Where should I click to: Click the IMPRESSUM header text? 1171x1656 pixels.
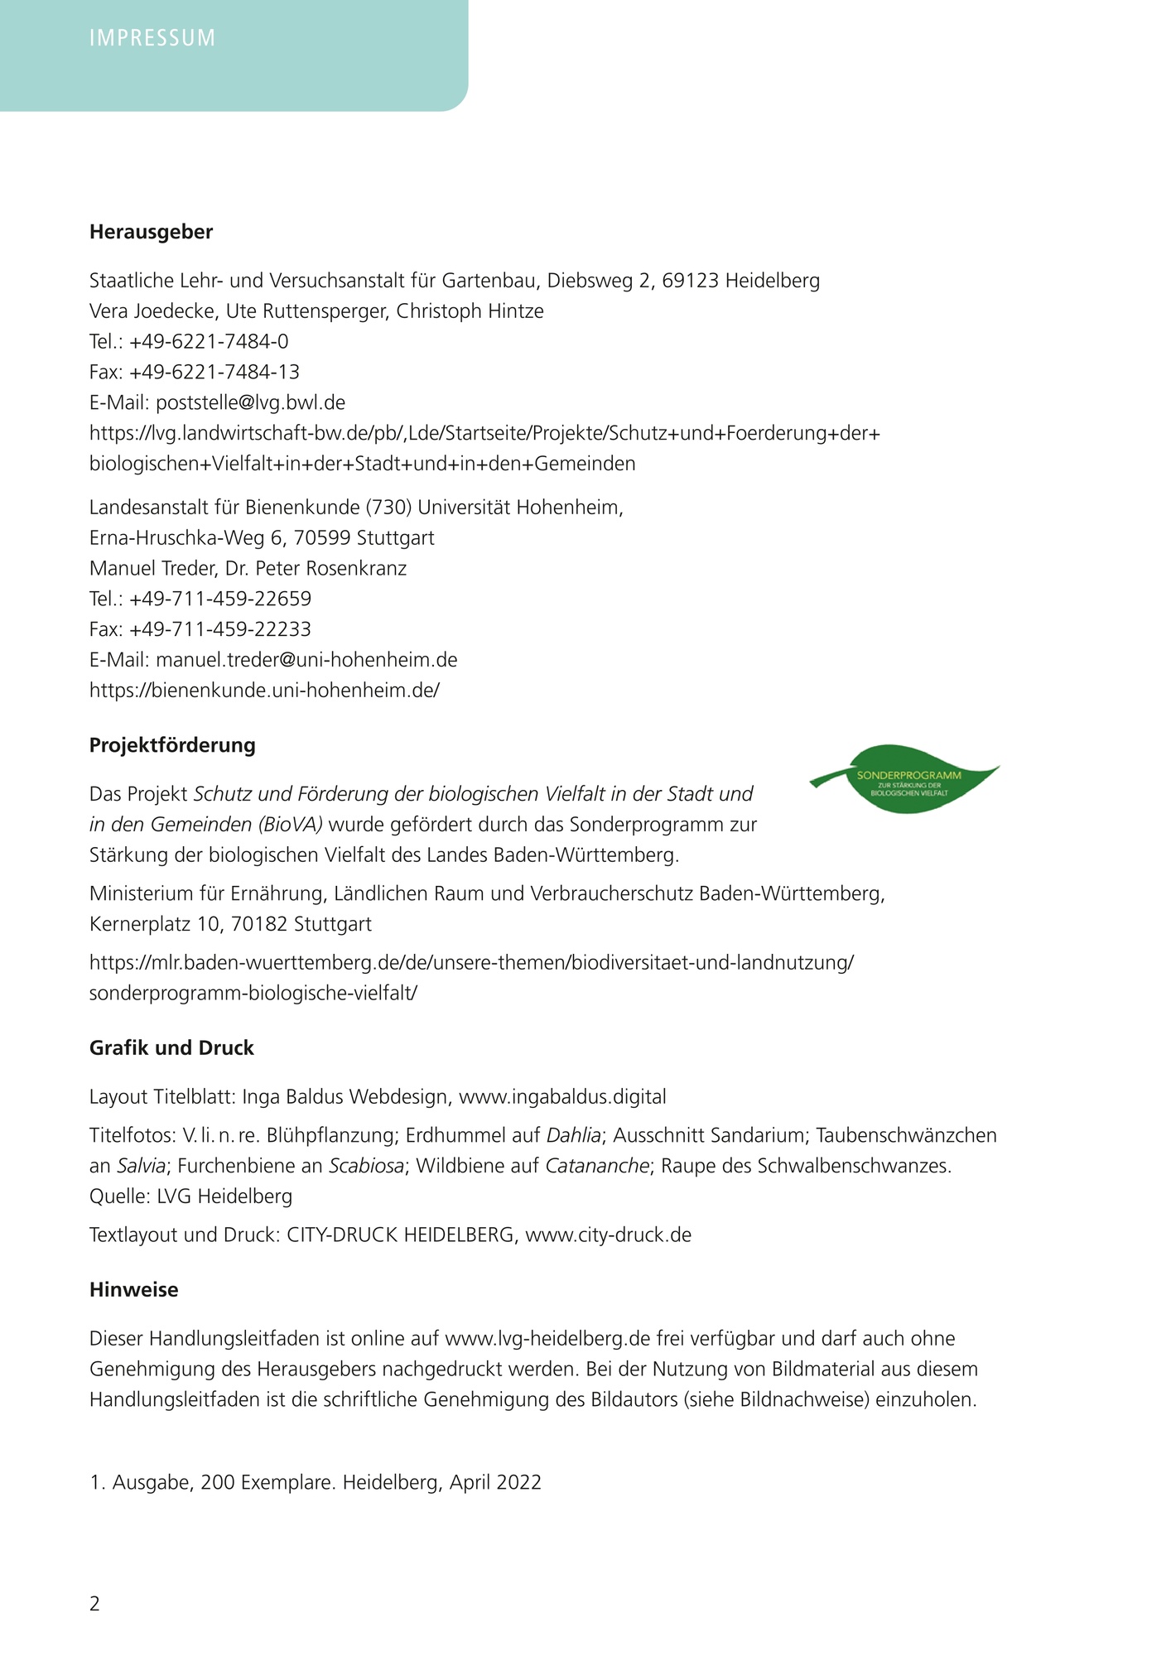[x=152, y=38]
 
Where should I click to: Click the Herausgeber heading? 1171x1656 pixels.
[x=151, y=232]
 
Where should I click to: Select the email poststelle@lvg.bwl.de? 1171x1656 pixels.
[x=250, y=402]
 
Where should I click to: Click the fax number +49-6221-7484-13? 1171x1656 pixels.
[x=214, y=372]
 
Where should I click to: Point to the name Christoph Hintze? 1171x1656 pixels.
[x=470, y=311]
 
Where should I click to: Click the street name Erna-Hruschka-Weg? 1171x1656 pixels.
[x=177, y=538]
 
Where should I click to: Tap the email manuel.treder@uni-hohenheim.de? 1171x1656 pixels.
[x=306, y=660]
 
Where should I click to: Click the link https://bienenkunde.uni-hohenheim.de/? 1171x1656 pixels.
[x=264, y=691]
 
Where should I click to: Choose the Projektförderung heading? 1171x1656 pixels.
[x=172, y=745]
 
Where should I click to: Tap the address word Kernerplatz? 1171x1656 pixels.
[x=140, y=924]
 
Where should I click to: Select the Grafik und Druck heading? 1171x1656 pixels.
[x=171, y=1048]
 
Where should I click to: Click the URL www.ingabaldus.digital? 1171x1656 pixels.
[x=562, y=1097]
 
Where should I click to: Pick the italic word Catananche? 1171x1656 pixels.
[x=596, y=1166]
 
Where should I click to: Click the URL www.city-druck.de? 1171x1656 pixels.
[x=608, y=1235]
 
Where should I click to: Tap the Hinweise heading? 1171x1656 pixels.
[x=133, y=1290]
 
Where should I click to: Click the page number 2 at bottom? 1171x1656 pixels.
[x=94, y=1604]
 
